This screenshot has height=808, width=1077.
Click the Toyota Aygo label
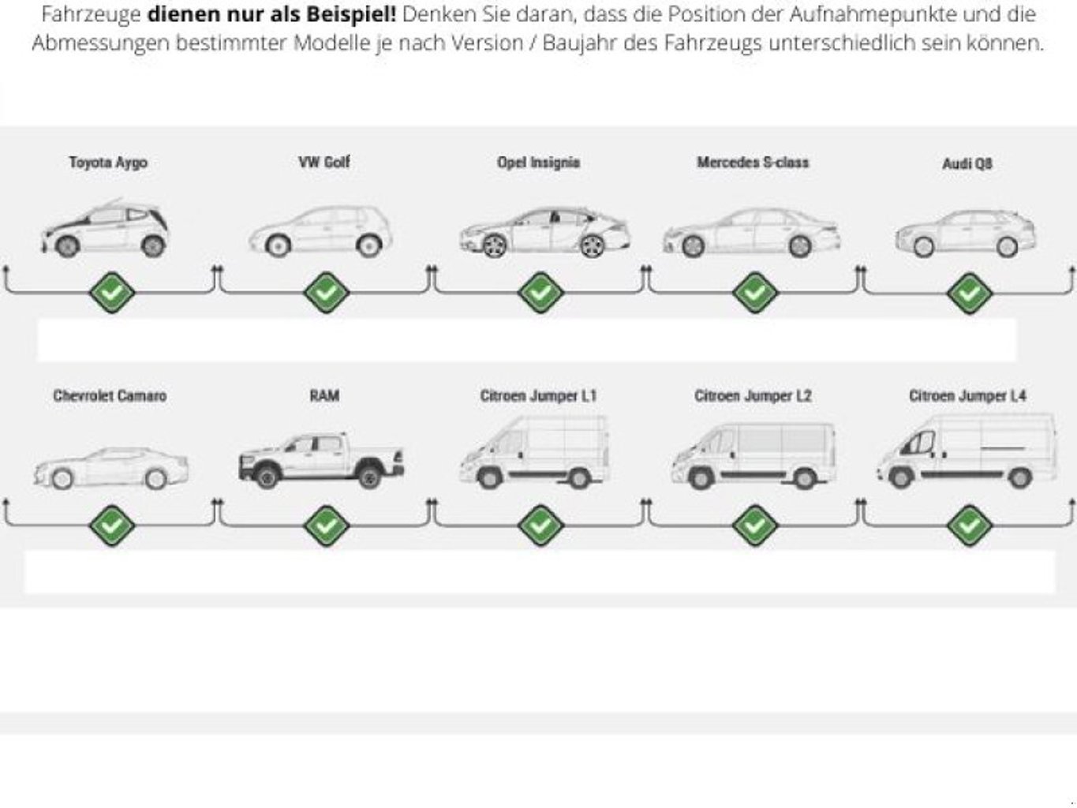point(108,163)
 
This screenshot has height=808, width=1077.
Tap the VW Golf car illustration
point(321,231)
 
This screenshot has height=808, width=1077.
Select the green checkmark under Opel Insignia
point(540,293)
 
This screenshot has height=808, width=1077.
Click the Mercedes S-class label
point(753,163)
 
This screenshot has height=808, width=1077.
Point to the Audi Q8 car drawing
point(965,233)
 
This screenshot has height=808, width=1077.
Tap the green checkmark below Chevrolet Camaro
point(111,525)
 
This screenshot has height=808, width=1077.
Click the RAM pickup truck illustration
point(321,459)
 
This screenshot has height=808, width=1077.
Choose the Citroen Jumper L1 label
point(538,396)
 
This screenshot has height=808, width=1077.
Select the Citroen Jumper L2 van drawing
point(753,456)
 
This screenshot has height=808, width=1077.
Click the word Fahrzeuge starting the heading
point(91,14)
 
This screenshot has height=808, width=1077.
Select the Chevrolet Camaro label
point(110,396)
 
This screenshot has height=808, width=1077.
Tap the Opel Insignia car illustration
point(544,233)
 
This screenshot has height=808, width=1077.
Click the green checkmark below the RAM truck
point(325,525)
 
